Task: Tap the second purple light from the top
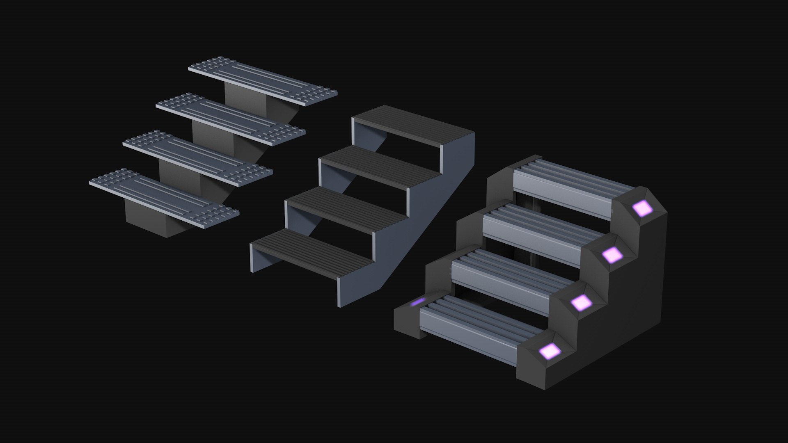[x=612, y=255]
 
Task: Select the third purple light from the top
[x=581, y=303]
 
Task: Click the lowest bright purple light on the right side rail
[x=550, y=351]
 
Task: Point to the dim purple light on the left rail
[x=418, y=302]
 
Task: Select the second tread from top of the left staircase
[x=231, y=119]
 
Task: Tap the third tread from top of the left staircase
[x=198, y=156]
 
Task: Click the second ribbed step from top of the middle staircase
[x=380, y=165]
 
